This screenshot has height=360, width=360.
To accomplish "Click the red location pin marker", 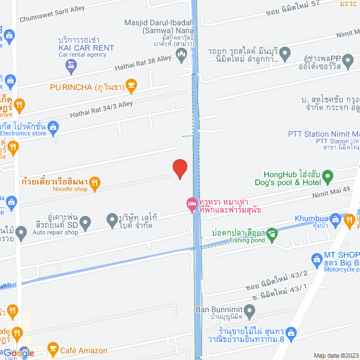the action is coord(179,168).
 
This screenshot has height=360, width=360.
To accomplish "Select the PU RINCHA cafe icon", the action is coord(131,85).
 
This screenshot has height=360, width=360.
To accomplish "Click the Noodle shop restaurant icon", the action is coord(95,182).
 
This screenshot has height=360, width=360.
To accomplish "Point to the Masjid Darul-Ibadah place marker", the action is coord(181,55).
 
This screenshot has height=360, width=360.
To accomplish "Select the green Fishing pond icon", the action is coord(272,233).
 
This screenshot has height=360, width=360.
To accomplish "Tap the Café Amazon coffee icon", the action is coord(53,348).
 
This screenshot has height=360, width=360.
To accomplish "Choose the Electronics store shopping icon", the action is coord(53,127).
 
